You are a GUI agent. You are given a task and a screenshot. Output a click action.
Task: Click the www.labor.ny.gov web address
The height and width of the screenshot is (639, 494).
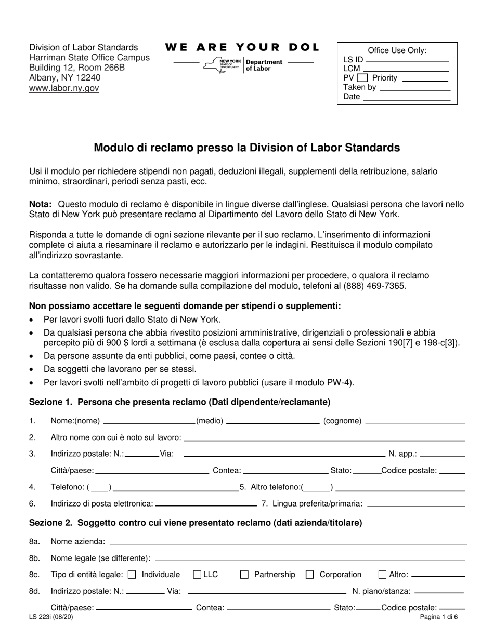(x=64, y=88)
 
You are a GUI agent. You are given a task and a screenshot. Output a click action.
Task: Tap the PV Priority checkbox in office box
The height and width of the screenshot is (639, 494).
(x=362, y=78)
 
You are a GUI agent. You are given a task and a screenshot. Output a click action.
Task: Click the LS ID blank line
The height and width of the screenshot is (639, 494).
(x=407, y=61)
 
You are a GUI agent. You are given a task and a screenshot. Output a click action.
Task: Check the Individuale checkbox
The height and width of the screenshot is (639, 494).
(x=132, y=575)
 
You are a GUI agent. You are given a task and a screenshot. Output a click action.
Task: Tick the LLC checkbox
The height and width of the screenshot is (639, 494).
(x=197, y=575)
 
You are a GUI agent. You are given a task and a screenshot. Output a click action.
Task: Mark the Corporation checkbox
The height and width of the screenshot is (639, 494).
(x=310, y=575)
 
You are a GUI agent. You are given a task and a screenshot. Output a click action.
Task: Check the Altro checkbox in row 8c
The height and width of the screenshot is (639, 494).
(x=382, y=575)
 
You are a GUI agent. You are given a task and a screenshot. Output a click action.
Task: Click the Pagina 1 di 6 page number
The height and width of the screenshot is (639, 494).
(x=439, y=618)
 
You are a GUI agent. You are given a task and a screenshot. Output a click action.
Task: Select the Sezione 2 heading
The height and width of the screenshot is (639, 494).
(x=195, y=523)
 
